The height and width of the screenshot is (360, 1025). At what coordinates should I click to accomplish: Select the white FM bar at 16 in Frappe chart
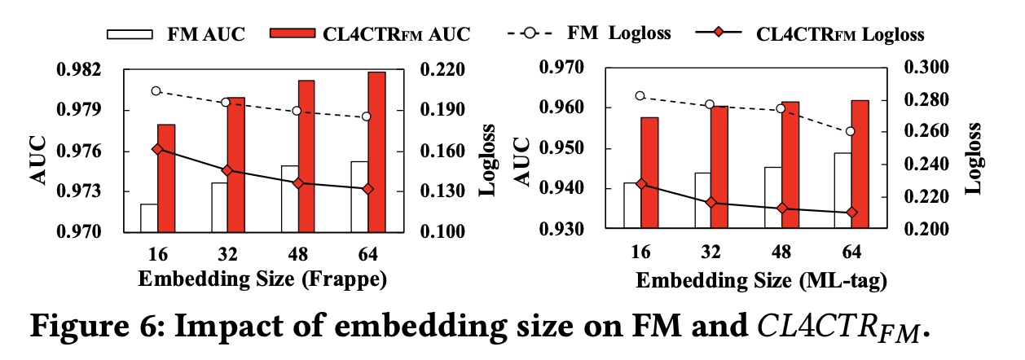click(148, 217)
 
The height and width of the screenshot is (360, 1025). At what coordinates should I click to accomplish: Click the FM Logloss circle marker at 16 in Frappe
click(156, 91)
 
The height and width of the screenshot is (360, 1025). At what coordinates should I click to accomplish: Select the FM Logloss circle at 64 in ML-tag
click(851, 131)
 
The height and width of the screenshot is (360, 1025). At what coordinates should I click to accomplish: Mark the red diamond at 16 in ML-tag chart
click(641, 184)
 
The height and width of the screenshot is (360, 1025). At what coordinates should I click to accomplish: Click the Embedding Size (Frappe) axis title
click(261, 279)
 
